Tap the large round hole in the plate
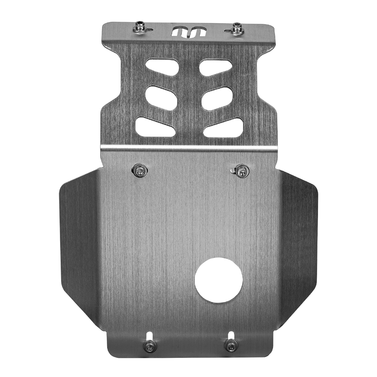point(218,280)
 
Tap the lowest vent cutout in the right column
point(223,128)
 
